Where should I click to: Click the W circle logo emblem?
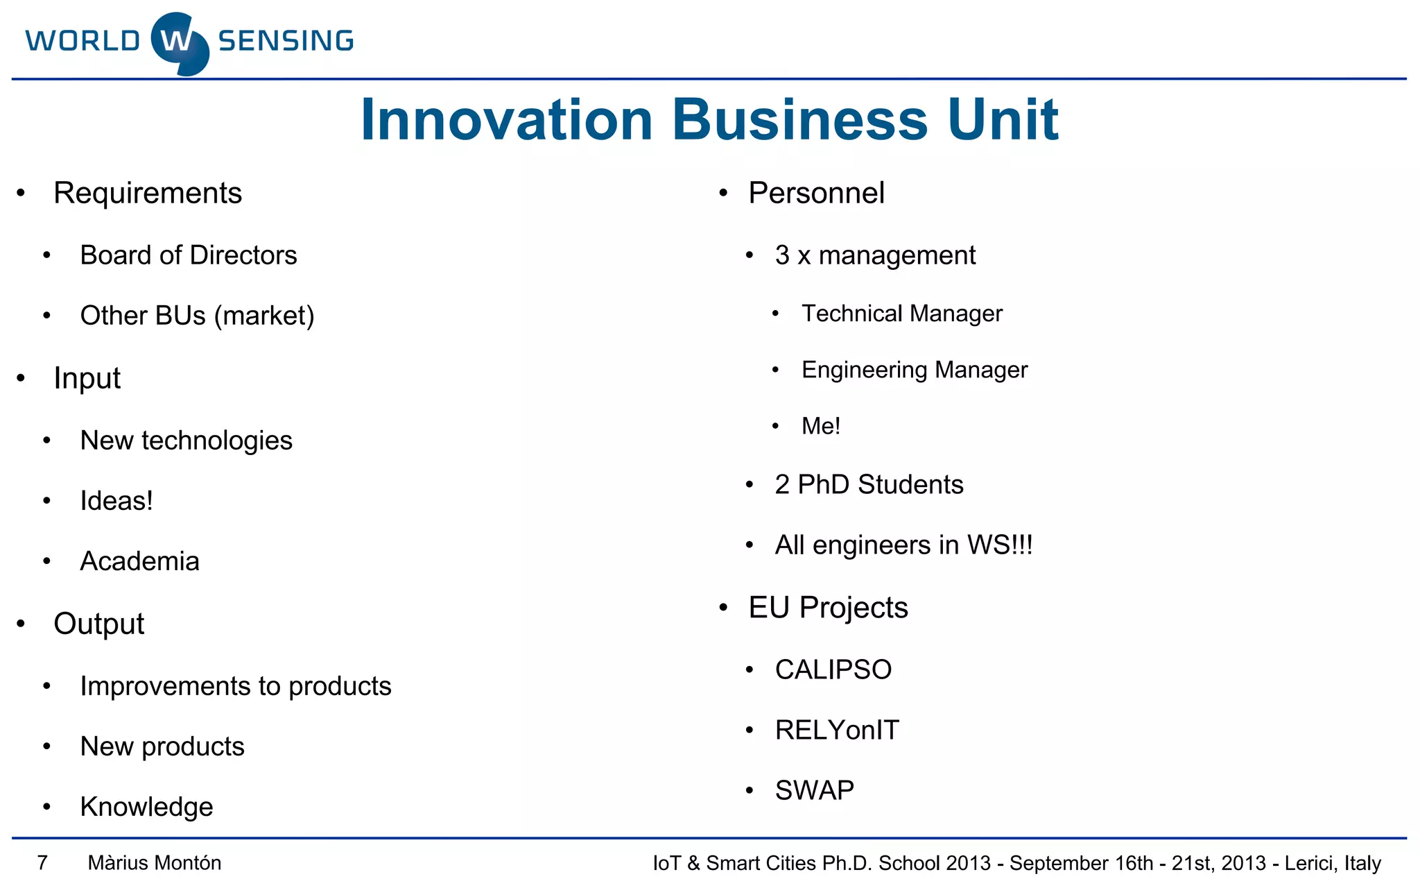point(180,43)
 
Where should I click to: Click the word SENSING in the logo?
point(286,41)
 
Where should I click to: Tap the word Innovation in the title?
point(507,120)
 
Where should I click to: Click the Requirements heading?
point(148,193)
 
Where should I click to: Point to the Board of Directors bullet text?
point(189,255)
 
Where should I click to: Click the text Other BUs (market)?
point(197,316)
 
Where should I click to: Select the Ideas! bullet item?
point(116,501)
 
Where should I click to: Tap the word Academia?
point(139,561)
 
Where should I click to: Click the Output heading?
point(98,624)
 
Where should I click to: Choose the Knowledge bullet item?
point(146,807)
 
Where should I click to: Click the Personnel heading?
point(816,193)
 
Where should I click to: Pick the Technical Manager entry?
point(901,314)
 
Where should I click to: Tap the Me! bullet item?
point(820,426)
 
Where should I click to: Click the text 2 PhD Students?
point(869,484)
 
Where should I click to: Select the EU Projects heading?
point(828,608)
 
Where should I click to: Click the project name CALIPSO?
point(833,669)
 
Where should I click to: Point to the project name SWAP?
point(814,790)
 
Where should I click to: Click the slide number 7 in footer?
point(42,863)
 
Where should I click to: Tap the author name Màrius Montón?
point(155,863)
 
